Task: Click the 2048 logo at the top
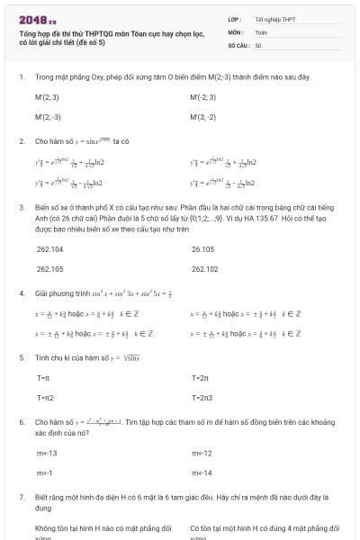click(x=37, y=18)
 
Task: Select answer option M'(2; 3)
click(x=48, y=96)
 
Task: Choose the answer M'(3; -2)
click(x=203, y=117)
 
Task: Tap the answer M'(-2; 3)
click(x=203, y=96)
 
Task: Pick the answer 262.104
click(x=49, y=248)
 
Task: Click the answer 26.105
click(x=203, y=248)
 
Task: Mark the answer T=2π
click(x=200, y=377)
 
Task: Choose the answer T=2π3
click(x=202, y=397)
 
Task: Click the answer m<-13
click(x=47, y=453)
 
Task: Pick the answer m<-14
click(x=202, y=472)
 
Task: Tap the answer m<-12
click(x=202, y=453)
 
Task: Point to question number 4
click(x=22, y=293)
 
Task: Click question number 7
click(x=22, y=496)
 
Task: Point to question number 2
click(x=22, y=141)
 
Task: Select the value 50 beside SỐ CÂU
click(x=258, y=44)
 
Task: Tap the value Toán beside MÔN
click(x=261, y=31)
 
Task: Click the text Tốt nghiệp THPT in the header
click(x=274, y=18)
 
